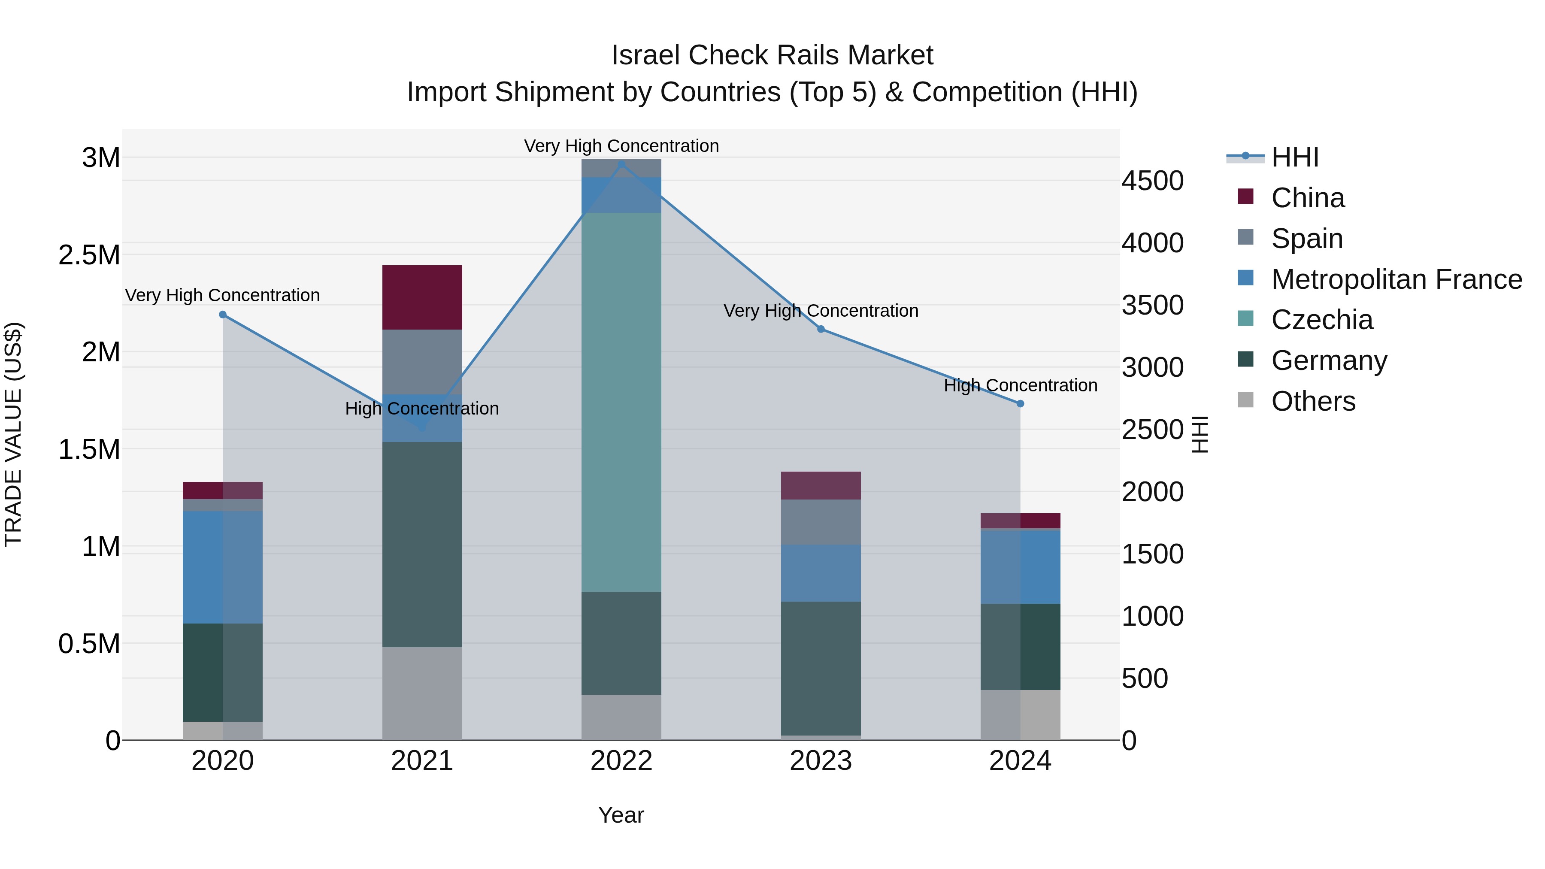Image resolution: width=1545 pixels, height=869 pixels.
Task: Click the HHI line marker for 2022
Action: (x=621, y=164)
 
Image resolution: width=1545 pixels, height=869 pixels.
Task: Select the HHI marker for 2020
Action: (x=222, y=314)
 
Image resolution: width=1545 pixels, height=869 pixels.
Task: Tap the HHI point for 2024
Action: (x=1020, y=404)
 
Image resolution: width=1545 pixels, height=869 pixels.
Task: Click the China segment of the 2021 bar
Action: (x=422, y=297)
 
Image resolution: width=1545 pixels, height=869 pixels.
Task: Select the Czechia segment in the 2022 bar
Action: (x=621, y=402)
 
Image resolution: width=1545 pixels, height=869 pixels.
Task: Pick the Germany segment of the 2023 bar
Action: (x=821, y=668)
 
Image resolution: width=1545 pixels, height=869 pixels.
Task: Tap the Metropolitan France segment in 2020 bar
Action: (x=222, y=567)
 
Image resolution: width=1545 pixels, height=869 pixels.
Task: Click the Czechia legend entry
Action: (x=1321, y=320)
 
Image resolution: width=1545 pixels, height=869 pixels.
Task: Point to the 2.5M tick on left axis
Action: (x=89, y=255)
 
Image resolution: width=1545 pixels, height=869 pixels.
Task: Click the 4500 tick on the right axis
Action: (x=1152, y=181)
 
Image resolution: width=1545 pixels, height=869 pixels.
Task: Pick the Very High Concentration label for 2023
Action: (x=821, y=311)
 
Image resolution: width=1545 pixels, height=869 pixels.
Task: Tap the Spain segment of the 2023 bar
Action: (x=821, y=522)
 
